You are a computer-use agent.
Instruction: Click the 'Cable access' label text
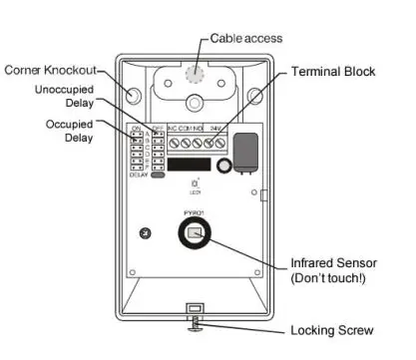coord(246,38)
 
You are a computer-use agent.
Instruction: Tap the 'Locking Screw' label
coord(331,329)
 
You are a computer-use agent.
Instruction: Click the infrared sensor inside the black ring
coord(195,235)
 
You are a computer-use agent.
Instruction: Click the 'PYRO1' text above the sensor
coord(193,212)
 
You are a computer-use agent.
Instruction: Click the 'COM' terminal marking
coord(188,129)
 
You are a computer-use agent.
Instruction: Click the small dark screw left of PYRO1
coord(147,234)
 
